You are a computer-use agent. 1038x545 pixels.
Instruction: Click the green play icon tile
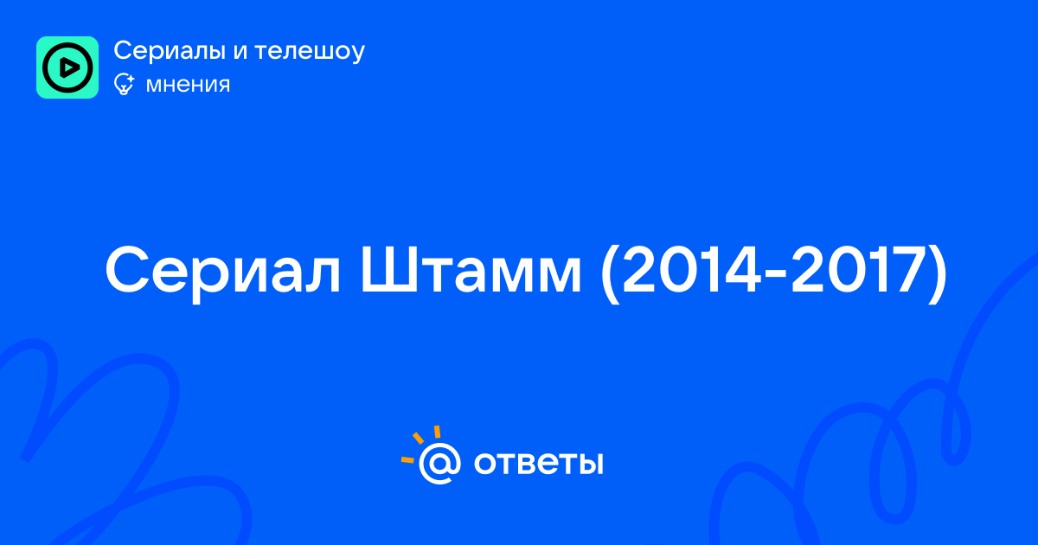(x=67, y=67)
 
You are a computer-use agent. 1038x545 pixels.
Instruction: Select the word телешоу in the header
(x=310, y=51)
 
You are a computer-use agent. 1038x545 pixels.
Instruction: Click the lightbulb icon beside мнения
(x=124, y=84)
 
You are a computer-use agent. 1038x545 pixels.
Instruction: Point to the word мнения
(x=188, y=85)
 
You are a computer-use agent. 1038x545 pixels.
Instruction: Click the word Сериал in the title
(x=223, y=271)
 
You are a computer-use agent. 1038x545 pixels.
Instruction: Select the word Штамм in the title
(x=471, y=270)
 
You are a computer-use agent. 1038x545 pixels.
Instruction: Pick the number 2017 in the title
(x=860, y=269)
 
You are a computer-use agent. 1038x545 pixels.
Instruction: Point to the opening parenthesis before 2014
(x=610, y=273)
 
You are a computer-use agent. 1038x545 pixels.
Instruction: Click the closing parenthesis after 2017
(x=938, y=273)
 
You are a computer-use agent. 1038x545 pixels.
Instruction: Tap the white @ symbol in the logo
(x=439, y=464)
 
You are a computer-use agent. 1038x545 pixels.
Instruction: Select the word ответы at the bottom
(x=538, y=463)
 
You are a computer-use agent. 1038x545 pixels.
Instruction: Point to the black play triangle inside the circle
(x=69, y=67)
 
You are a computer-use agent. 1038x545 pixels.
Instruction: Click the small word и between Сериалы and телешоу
(x=240, y=52)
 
